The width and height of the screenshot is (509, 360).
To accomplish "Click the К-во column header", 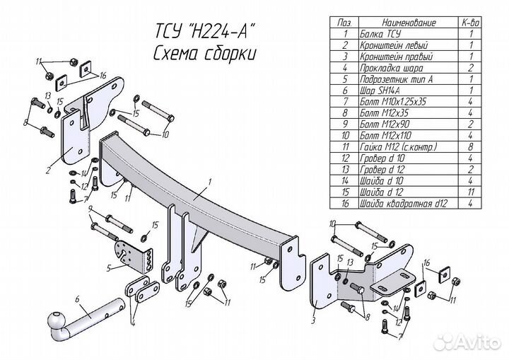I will pos(470,23).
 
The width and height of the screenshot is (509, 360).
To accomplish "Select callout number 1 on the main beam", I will pos(210,182).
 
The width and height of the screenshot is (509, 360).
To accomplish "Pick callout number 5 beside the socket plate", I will pos(108,268).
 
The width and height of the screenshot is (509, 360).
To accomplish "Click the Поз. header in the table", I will pos(344,23).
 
